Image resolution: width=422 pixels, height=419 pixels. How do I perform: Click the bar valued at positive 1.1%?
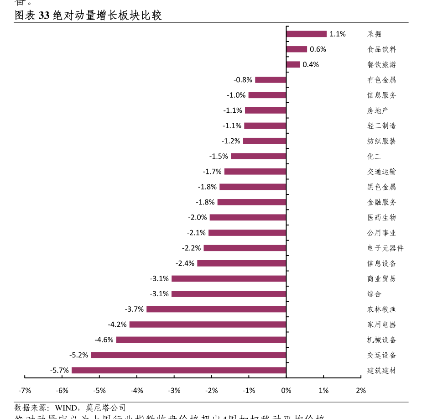click(x=306, y=34)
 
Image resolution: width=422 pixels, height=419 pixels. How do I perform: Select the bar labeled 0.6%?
click(x=297, y=49)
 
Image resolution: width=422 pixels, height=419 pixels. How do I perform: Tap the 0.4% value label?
click(x=311, y=64)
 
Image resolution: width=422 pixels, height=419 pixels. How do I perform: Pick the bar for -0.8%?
click(x=271, y=80)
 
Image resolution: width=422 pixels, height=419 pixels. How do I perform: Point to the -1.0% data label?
click(x=236, y=95)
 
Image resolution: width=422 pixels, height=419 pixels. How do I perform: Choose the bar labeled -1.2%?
click(x=265, y=141)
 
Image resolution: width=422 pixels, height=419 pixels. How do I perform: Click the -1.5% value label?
click(x=219, y=156)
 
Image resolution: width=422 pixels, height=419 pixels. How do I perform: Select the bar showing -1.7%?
click(x=255, y=172)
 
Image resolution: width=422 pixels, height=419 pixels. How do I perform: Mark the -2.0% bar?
click(x=248, y=217)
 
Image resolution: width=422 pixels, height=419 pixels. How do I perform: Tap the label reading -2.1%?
click(x=196, y=233)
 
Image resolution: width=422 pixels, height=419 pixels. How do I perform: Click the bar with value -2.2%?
click(x=245, y=248)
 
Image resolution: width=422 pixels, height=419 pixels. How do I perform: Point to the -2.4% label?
click(x=185, y=263)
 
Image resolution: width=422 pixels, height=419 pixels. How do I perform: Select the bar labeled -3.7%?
click(x=216, y=309)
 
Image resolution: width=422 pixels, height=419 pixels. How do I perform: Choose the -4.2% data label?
click(x=117, y=325)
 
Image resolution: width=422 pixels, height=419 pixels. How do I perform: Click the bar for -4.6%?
click(x=201, y=340)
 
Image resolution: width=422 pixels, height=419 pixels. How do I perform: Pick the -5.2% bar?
click(x=188, y=355)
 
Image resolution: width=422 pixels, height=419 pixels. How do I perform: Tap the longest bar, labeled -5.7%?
click(x=179, y=370)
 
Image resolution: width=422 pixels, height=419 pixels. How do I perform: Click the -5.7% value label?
click(x=59, y=370)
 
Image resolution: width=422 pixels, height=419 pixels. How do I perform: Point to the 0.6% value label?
click(x=318, y=49)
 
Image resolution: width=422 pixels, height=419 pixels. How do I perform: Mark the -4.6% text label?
click(x=104, y=340)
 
